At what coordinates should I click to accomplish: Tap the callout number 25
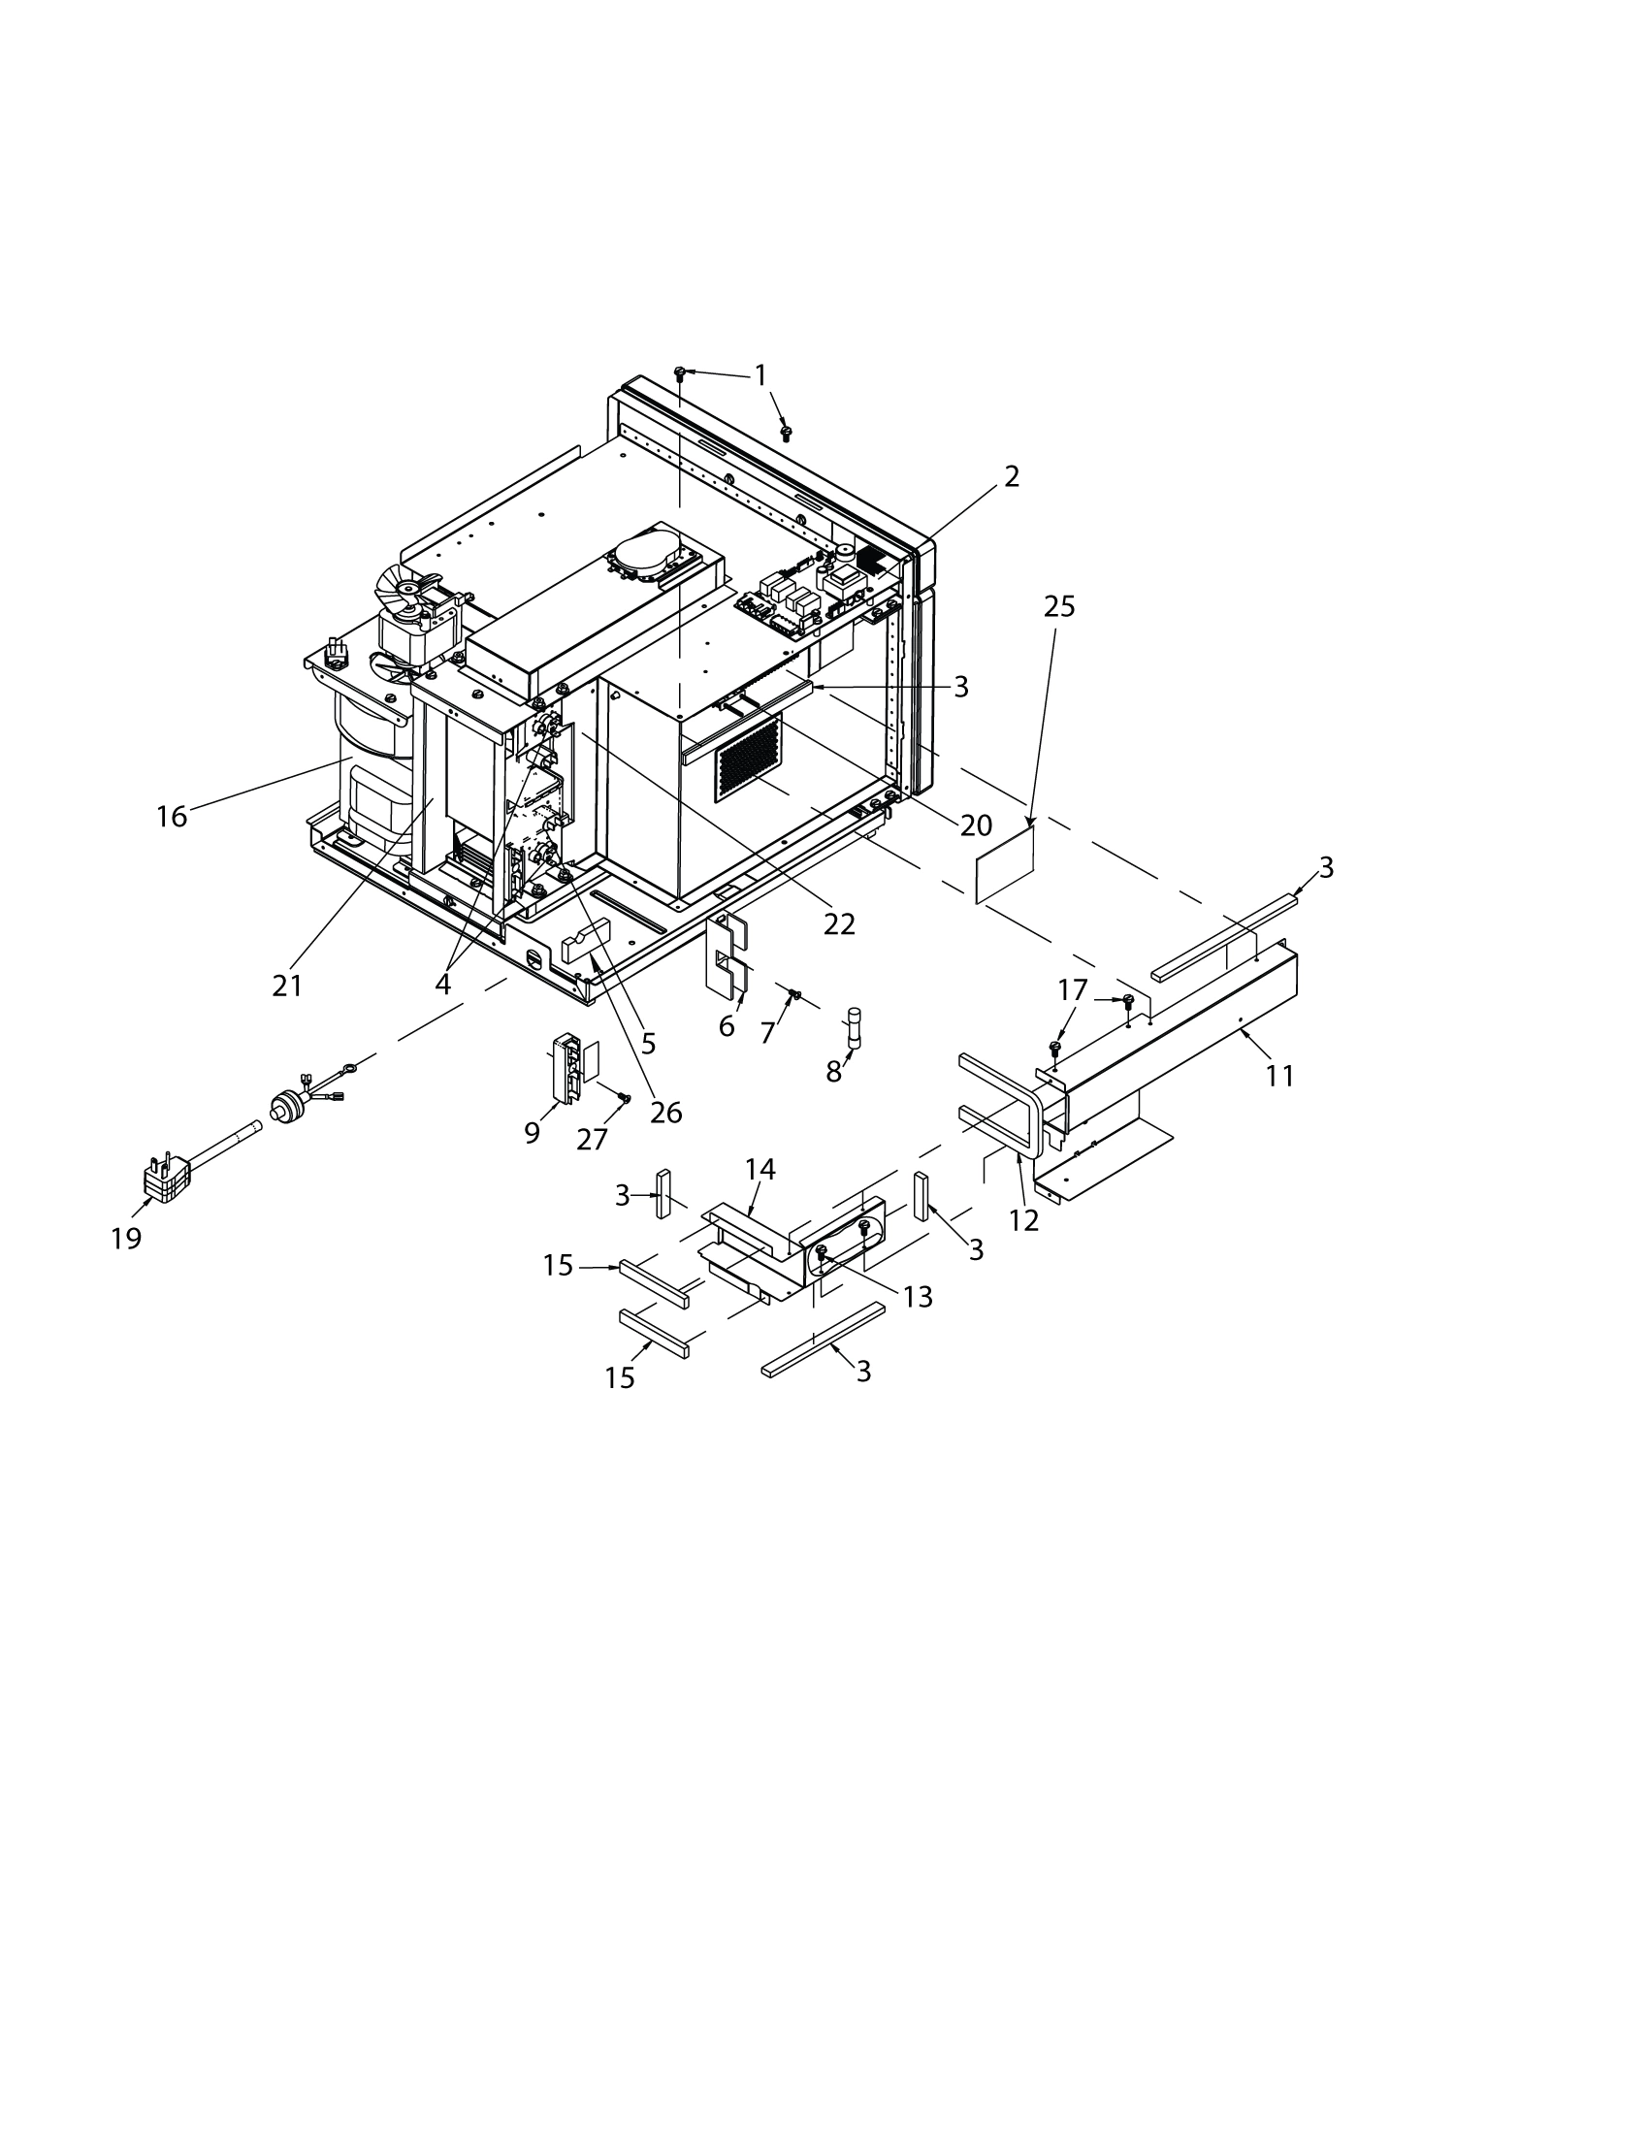pos(1059,607)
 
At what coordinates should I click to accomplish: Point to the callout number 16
pos(172,816)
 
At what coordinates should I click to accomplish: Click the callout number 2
pos(1011,476)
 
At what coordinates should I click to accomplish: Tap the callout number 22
pos(839,923)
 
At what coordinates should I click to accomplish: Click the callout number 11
pos(1279,1076)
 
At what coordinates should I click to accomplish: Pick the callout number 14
pos(760,1169)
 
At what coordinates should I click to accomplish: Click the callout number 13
pos(919,1297)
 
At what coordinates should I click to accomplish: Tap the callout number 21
pos(287,986)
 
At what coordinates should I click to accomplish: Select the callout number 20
pos(976,825)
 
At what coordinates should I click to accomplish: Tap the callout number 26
pos(666,1112)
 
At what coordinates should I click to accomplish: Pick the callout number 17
pos(1073,989)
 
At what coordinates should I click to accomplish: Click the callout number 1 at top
pos(760,375)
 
